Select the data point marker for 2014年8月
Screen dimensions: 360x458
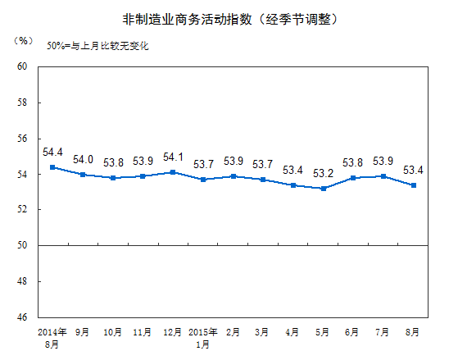(x=53, y=167)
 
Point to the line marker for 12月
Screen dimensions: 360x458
(x=174, y=172)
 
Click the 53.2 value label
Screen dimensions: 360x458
(x=324, y=174)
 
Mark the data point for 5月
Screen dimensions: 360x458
(x=324, y=189)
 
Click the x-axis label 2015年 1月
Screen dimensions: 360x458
(x=203, y=339)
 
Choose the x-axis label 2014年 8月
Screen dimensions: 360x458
(x=53, y=339)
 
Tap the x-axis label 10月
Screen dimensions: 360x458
(x=113, y=333)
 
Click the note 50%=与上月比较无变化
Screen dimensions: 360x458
(x=97, y=47)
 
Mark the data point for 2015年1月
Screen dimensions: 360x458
(x=203, y=179)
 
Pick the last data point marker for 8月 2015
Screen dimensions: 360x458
(x=414, y=185)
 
